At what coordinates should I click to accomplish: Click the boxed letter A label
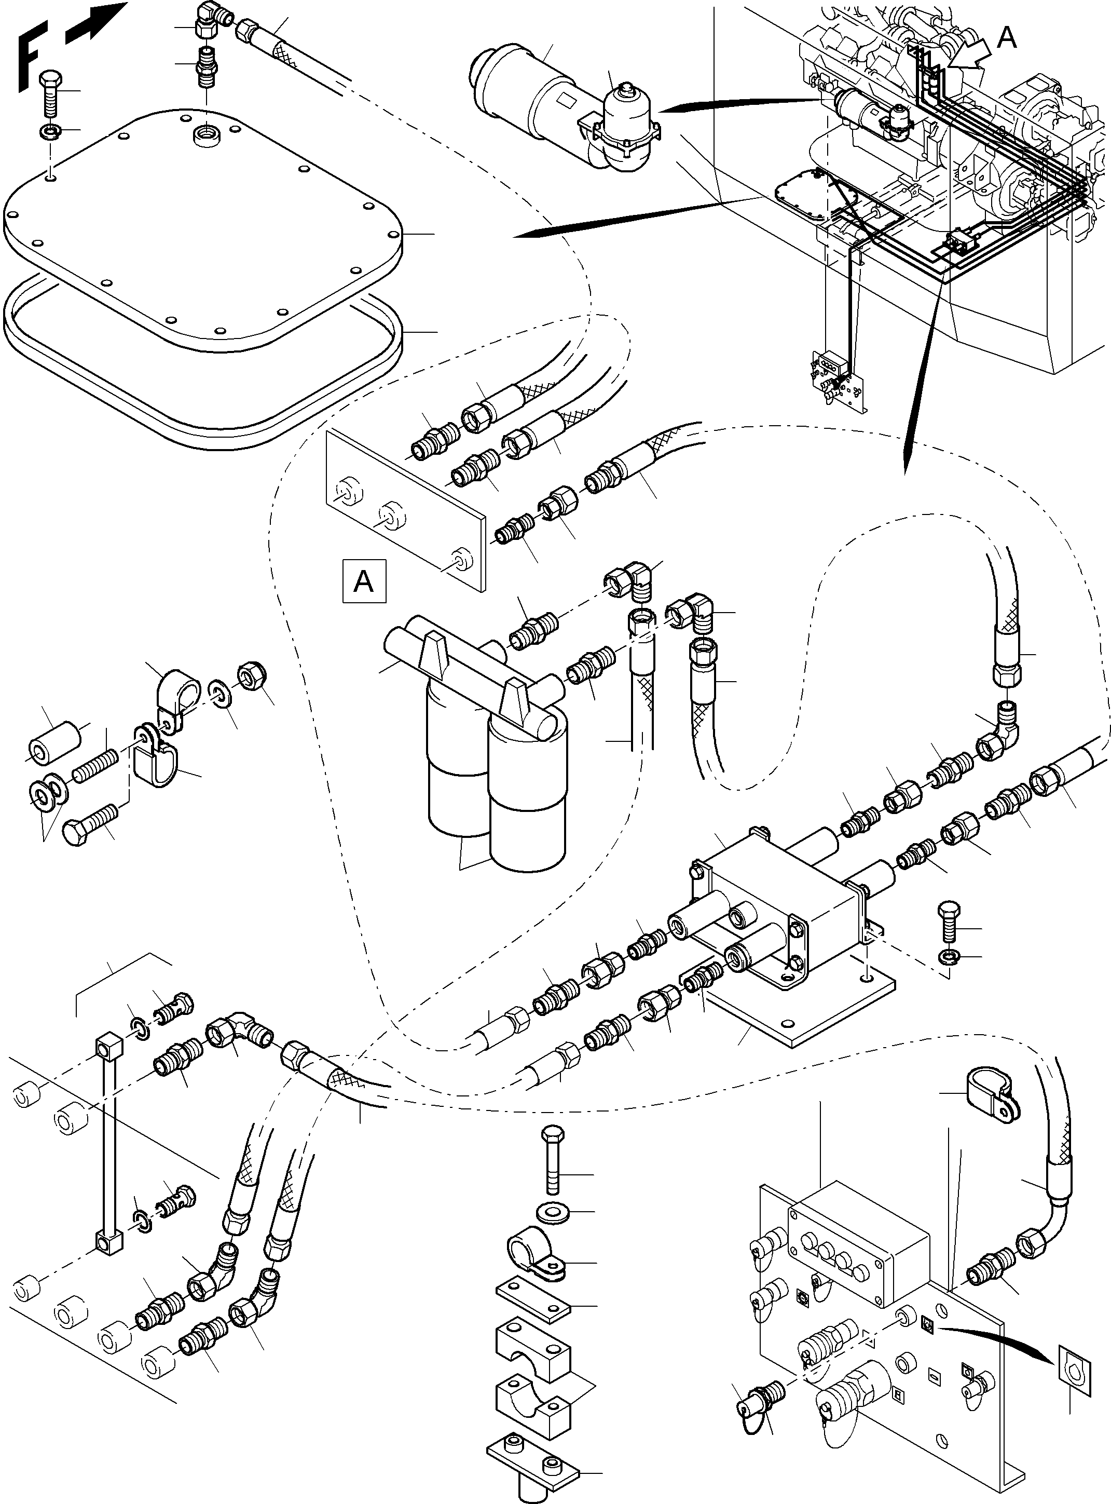click(x=364, y=580)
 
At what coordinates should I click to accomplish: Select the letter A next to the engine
click(x=1006, y=38)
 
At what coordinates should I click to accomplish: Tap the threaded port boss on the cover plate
click(x=204, y=134)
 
